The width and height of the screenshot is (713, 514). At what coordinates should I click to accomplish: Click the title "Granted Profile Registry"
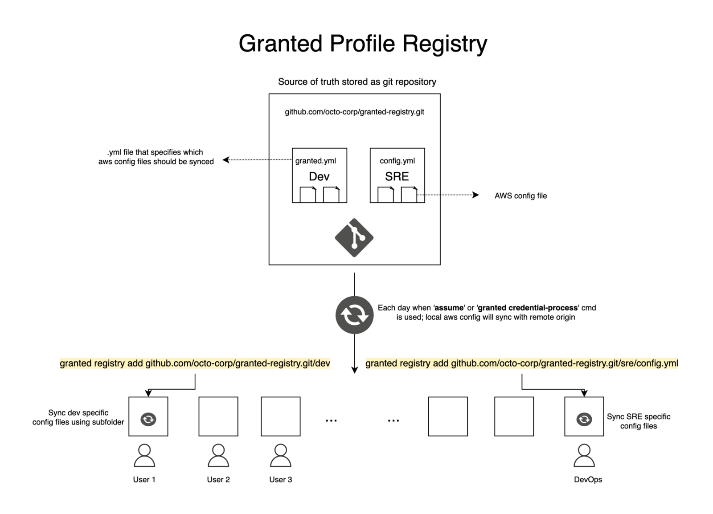[363, 44]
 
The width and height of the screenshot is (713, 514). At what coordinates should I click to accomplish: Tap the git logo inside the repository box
[354, 237]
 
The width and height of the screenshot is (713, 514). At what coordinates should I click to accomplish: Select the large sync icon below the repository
[354, 315]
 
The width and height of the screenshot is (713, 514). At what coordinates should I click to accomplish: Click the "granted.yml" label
[316, 161]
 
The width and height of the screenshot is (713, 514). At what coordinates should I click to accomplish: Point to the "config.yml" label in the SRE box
[397, 161]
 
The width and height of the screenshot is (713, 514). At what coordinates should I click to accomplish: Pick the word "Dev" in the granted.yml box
[319, 177]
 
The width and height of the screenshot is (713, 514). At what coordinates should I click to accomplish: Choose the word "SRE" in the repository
[397, 177]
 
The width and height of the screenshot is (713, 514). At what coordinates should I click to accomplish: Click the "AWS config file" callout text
[520, 196]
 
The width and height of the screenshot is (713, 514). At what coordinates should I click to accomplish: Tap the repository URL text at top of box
[354, 112]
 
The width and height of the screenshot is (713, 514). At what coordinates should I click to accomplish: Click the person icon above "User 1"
[144, 455]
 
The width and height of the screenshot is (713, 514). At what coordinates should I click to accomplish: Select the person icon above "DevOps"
[584, 455]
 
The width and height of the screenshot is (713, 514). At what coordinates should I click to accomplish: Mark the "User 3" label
[280, 480]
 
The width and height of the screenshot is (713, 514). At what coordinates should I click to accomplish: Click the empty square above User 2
[218, 416]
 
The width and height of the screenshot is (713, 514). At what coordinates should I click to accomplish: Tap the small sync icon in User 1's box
[148, 419]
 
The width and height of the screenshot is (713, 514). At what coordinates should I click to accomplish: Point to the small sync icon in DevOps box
[584, 419]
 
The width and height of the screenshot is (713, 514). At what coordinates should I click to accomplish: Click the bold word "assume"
[449, 308]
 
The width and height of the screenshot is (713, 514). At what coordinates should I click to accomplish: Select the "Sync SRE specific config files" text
[638, 421]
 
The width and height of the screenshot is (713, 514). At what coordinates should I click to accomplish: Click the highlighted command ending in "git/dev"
[195, 363]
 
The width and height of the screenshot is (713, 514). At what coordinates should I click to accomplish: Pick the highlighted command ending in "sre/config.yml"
[521, 363]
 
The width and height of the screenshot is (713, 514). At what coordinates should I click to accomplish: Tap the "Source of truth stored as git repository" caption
[357, 82]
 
